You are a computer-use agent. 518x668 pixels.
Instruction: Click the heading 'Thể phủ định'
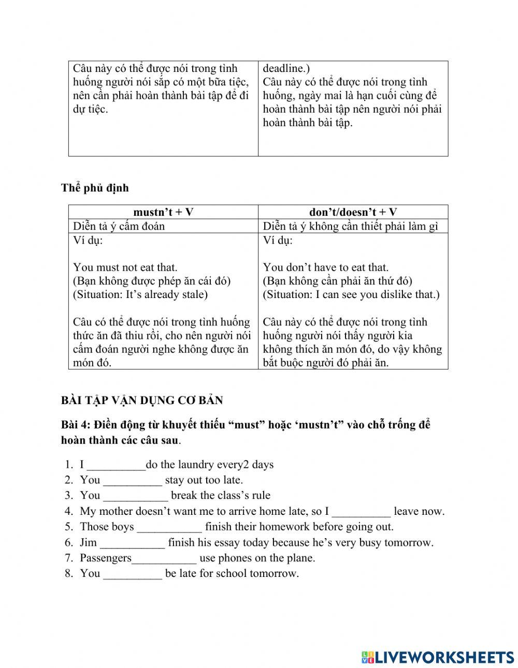point(95,188)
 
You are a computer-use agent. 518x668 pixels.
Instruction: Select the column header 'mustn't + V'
point(163,212)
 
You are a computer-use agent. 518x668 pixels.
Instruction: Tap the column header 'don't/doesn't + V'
point(353,212)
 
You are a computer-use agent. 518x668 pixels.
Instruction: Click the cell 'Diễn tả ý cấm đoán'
point(119,226)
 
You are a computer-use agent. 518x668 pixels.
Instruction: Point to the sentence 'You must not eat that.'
point(125,268)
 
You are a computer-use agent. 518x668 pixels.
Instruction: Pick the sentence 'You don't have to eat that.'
point(326,268)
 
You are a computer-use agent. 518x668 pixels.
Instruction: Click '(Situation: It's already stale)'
point(140,294)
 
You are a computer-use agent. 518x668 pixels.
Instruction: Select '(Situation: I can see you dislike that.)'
point(351,294)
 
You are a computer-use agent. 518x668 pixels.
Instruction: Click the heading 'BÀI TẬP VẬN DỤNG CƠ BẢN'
point(142,400)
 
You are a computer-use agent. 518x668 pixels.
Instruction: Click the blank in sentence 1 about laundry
point(116,465)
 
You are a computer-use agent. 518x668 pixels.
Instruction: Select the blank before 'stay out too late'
point(133,481)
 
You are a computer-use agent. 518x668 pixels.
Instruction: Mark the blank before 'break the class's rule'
point(136,496)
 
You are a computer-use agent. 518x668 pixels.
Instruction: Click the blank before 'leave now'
point(361,512)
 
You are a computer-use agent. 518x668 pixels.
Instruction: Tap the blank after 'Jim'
point(133,543)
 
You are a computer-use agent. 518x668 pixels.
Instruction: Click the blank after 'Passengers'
point(164,559)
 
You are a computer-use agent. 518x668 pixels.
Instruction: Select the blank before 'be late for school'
point(133,574)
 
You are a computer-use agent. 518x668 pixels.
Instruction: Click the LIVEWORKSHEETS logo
point(438,657)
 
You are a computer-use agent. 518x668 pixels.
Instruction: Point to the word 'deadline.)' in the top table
point(286,68)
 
